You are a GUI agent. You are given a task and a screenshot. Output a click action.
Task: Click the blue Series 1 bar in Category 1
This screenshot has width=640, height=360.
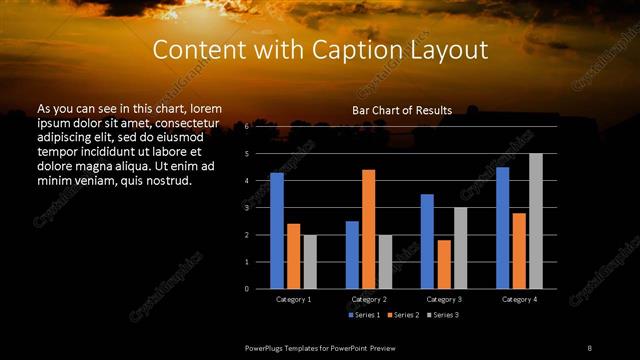[x=277, y=231]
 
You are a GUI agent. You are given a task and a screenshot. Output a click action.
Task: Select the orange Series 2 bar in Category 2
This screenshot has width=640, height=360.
[x=368, y=229]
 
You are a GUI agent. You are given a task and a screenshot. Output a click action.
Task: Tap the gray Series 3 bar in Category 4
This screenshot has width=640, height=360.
[x=535, y=221]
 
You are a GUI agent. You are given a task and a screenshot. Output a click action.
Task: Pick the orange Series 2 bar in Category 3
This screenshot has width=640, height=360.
[x=443, y=264]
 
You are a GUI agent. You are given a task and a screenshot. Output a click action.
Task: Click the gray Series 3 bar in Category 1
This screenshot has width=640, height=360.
[x=310, y=262]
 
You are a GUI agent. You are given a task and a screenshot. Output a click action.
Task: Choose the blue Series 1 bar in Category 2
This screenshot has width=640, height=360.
[x=352, y=255]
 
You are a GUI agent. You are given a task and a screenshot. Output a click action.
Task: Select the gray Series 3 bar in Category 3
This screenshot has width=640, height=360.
[x=460, y=248]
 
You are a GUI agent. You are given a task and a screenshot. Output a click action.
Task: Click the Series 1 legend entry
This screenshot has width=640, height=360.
[x=364, y=315]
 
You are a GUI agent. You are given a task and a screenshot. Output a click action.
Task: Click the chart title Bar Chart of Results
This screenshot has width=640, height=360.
[x=402, y=110]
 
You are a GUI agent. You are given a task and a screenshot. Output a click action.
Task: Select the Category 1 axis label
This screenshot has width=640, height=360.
[x=293, y=299]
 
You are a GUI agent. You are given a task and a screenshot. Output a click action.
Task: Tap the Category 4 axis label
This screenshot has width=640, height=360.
[x=518, y=299]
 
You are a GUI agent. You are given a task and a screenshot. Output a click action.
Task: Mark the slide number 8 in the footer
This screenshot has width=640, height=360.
[x=589, y=346]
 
